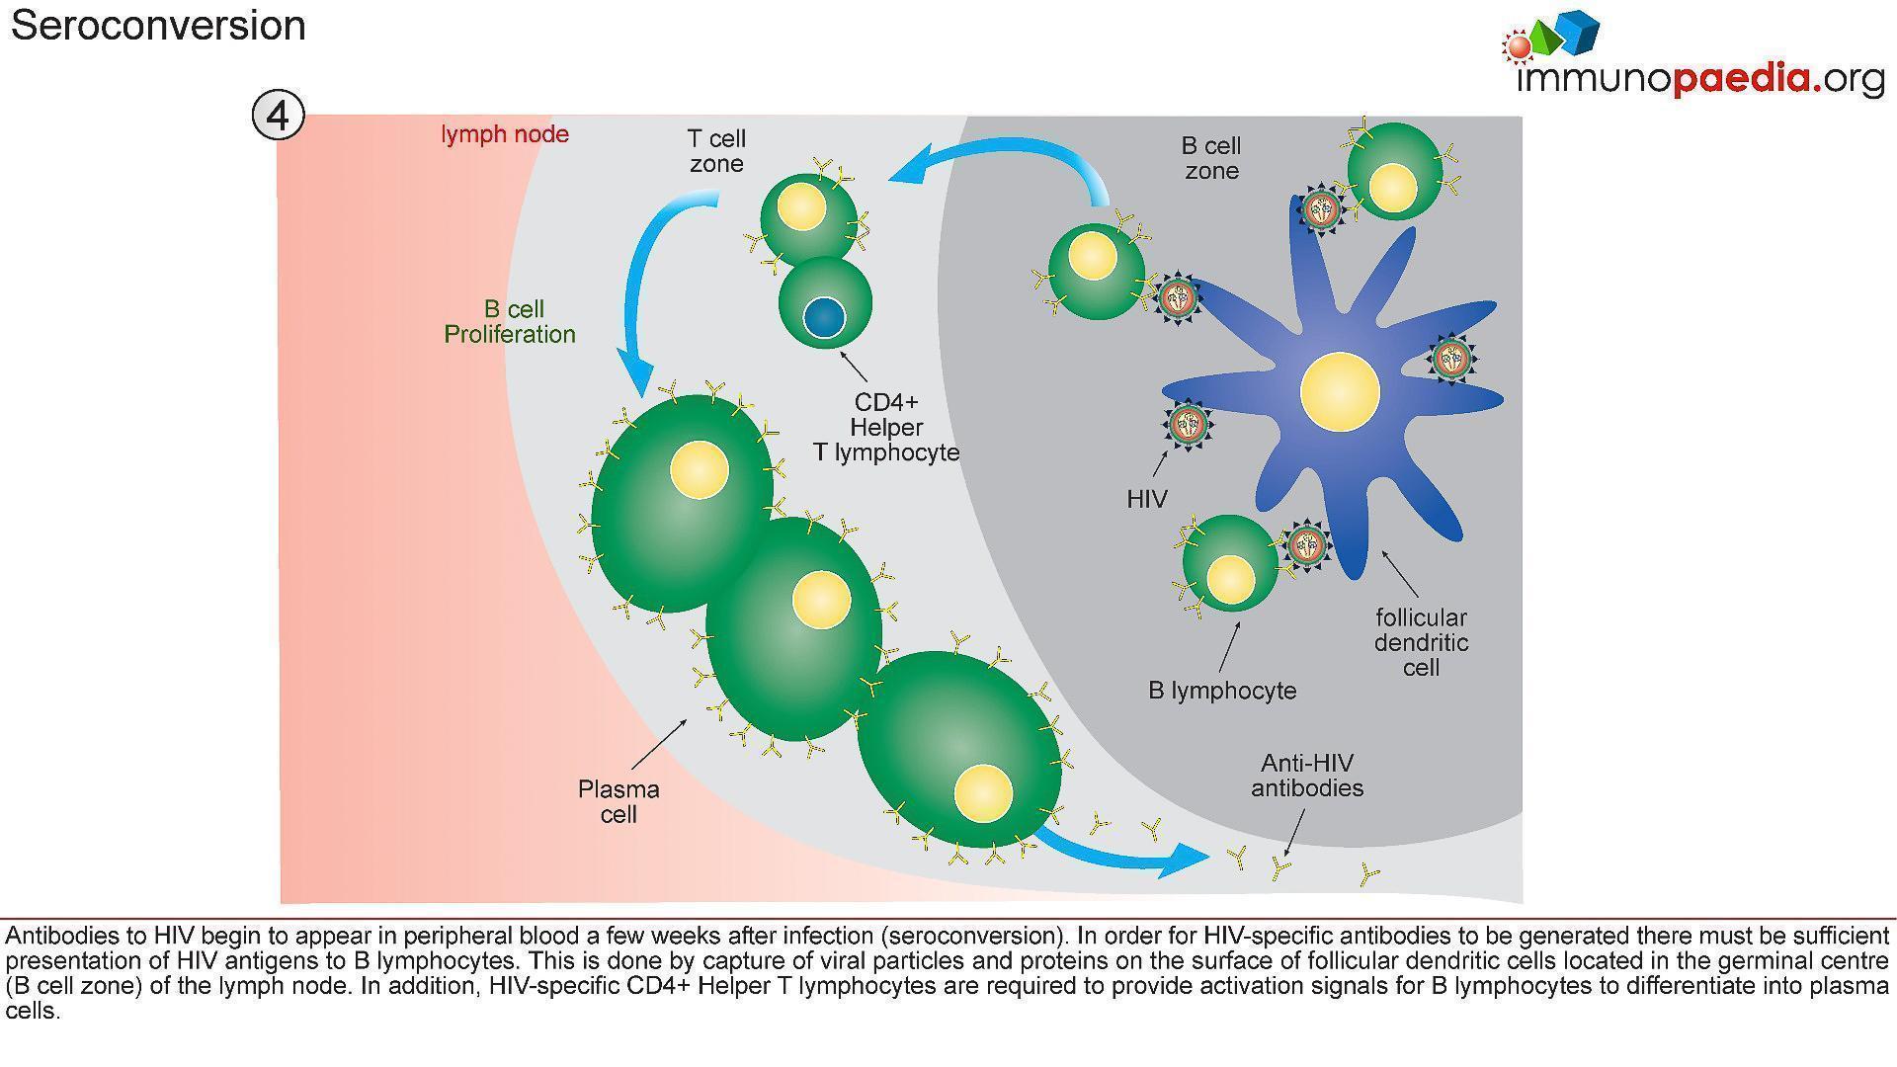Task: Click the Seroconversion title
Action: tap(158, 25)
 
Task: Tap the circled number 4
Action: tap(278, 116)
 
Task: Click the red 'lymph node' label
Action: tap(505, 134)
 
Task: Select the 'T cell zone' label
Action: tap(716, 151)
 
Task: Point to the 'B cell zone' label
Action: tap(1211, 158)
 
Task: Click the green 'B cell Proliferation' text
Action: tap(510, 322)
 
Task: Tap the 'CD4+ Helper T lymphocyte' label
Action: tap(886, 428)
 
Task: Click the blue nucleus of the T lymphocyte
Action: tap(824, 318)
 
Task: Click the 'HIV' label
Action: tap(1147, 499)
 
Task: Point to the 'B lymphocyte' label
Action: tap(1222, 691)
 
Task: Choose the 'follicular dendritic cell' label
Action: tap(1421, 642)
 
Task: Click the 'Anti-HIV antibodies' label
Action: tap(1307, 776)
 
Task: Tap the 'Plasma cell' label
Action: tap(619, 801)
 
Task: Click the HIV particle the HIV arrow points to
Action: tap(1188, 424)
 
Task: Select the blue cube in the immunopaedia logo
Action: tap(1575, 31)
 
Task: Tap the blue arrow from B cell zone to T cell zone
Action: tap(1008, 158)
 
